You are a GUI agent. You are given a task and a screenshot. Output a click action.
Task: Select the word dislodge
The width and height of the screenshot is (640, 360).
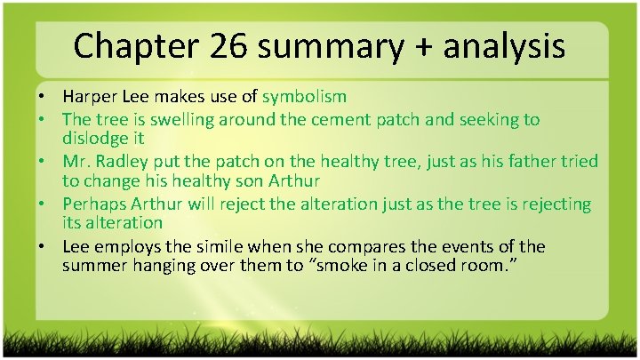coord(94,140)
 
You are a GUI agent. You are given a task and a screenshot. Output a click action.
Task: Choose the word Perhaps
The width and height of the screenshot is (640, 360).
coord(95,204)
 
